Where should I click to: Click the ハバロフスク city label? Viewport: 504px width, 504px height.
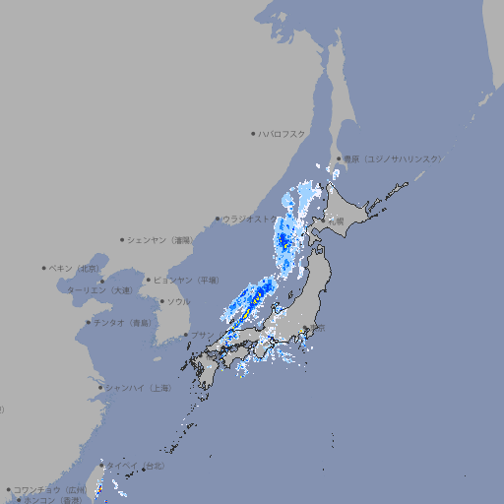(283, 133)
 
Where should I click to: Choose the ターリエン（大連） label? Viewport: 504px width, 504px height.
(99, 290)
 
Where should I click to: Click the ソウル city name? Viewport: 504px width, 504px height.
(178, 301)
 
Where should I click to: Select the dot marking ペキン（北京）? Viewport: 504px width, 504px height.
(44, 268)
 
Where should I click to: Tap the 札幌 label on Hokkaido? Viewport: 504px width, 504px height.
(336, 222)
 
